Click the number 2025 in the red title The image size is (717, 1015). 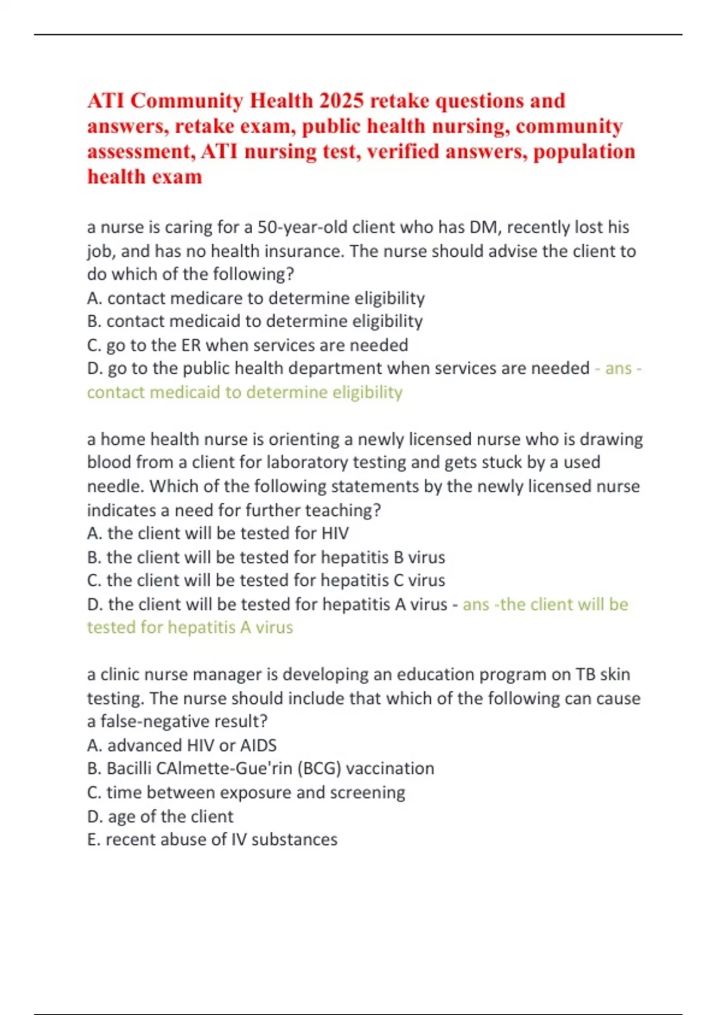pyautogui.click(x=341, y=100)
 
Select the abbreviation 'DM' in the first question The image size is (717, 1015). pyautogui.click(x=484, y=227)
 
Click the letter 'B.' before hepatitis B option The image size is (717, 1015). pyautogui.click(x=94, y=558)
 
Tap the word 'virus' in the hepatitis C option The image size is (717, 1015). pyautogui.click(x=427, y=580)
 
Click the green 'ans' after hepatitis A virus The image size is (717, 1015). pyautogui.click(x=476, y=604)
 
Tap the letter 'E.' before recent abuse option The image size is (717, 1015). pyautogui.click(x=94, y=839)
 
